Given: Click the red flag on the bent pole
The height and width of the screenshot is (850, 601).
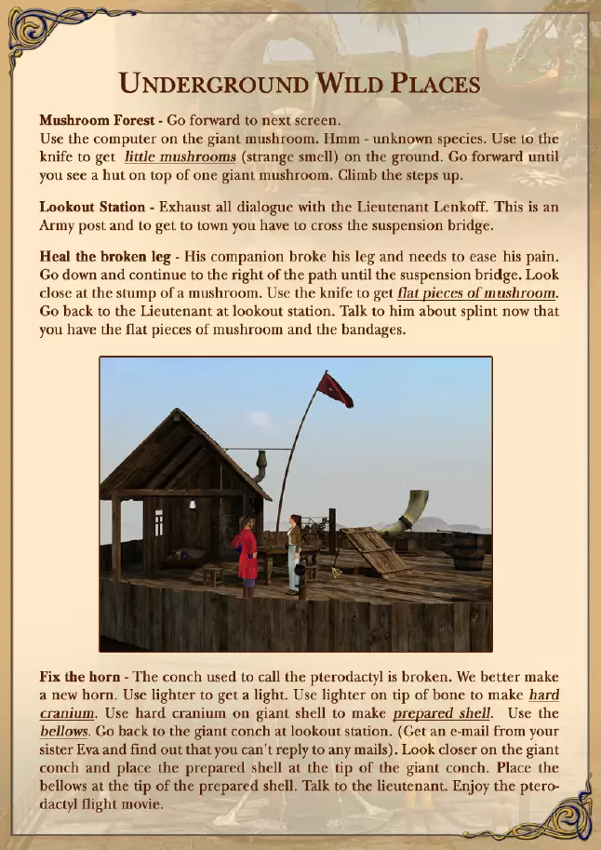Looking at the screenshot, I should click(x=335, y=389).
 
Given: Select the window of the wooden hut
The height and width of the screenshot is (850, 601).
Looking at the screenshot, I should click(x=159, y=522).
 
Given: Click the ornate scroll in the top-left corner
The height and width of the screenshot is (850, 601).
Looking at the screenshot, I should click(x=37, y=28).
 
